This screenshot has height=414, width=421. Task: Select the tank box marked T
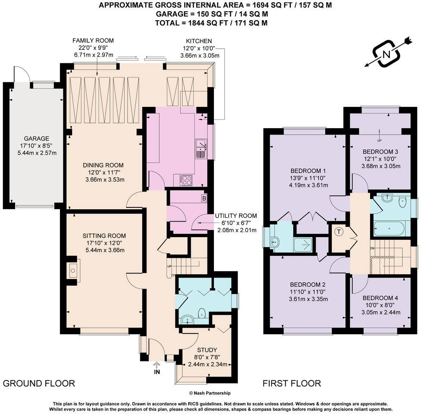339,232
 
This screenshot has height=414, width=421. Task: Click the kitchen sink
201,148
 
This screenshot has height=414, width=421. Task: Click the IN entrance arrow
156,369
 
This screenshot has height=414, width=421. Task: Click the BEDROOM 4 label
380,298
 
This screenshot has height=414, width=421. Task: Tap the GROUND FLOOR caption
39,383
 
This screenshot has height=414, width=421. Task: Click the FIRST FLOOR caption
292,383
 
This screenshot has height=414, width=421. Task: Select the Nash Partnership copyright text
210,393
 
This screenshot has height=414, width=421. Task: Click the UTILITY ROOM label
236,216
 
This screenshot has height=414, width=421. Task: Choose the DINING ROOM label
104,165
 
